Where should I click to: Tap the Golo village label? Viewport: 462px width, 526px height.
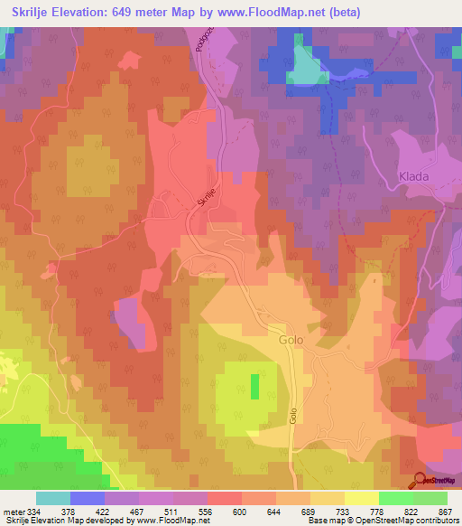click(291, 341)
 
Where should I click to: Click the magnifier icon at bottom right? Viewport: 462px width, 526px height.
click(420, 481)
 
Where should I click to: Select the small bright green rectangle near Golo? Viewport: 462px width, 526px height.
click(254, 387)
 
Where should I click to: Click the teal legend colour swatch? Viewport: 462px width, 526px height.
click(53, 498)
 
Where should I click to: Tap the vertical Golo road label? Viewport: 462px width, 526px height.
click(293, 417)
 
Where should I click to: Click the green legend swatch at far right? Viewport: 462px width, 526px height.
click(431, 498)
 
